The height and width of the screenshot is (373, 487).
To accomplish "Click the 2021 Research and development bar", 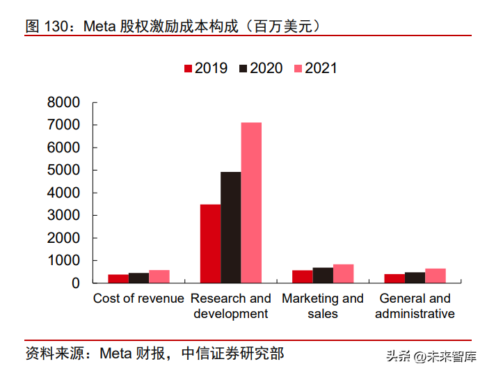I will (251, 203).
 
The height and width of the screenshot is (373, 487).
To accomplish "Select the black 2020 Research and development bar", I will (230, 228).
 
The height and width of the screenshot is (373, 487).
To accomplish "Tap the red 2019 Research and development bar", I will (210, 244).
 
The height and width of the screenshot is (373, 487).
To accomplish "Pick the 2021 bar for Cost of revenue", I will (159, 276).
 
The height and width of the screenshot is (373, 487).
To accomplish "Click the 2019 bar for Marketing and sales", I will (302, 276).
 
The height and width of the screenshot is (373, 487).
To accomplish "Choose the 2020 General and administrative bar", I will (415, 278).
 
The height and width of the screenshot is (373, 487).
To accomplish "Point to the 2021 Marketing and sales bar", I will (344, 273).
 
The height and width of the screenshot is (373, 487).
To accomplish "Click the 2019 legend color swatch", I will (188, 68).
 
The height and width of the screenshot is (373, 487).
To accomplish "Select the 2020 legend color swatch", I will (243, 68).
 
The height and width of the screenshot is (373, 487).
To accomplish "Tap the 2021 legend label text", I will (321, 68).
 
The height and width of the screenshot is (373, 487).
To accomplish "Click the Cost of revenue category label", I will (138, 299).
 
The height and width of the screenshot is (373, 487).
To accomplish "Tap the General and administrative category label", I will (415, 306).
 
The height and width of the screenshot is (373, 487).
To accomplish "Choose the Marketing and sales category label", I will (323, 306).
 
